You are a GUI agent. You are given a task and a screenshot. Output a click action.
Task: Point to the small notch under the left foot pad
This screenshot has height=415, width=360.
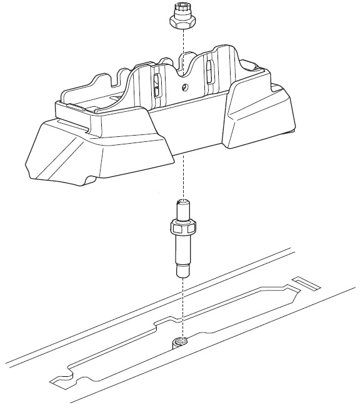(91, 181)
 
